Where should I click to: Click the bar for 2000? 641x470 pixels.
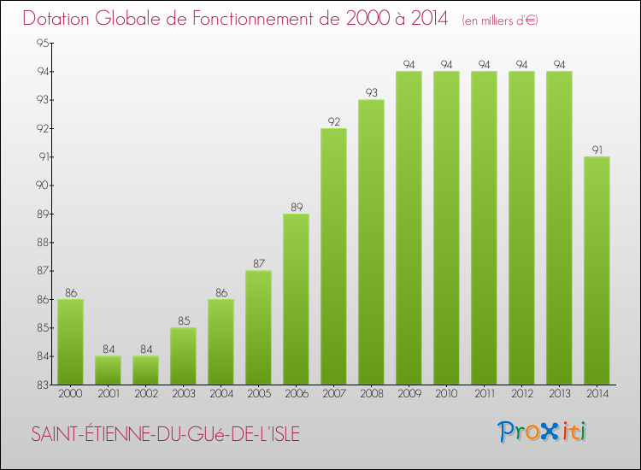click(70, 342)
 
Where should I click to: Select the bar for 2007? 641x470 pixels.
click(333, 256)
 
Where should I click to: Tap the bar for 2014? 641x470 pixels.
click(597, 271)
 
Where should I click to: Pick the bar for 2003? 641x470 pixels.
click(183, 356)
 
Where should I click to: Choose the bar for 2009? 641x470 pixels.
click(409, 228)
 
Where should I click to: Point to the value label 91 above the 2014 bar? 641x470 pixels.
click(597, 150)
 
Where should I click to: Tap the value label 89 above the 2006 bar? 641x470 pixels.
click(296, 207)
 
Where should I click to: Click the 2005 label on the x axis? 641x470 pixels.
click(258, 393)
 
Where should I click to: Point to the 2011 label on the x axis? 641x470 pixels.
click(484, 393)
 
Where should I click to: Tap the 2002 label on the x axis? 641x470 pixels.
click(145, 393)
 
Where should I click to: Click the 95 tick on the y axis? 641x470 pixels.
click(42, 44)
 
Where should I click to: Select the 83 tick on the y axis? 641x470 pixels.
click(42, 385)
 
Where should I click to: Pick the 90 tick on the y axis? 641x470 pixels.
click(42, 185)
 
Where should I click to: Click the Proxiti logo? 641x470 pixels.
click(542, 432)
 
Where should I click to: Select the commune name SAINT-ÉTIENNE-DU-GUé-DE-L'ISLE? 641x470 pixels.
click(165, 434)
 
